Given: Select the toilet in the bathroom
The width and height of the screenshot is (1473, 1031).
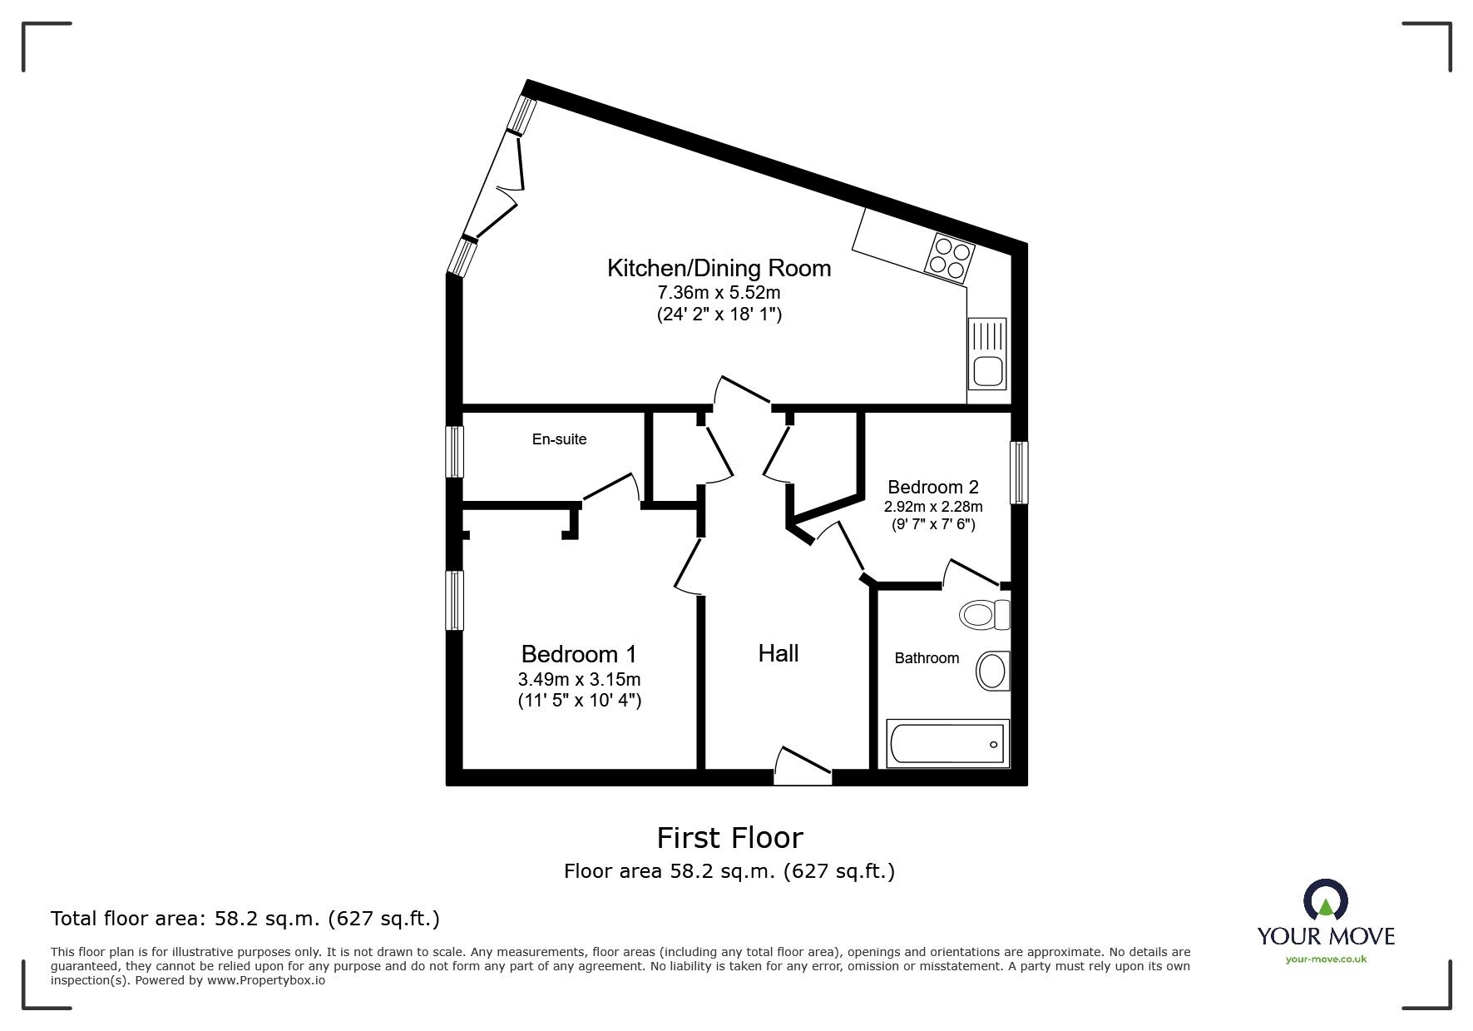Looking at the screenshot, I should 983,616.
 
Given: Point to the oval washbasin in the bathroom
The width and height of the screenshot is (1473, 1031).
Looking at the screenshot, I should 991,671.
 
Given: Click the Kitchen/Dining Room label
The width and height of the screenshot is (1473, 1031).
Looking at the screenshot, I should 719,268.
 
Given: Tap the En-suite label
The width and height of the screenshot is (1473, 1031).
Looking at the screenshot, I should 559,439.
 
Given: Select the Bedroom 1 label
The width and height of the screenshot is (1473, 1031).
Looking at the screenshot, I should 579,654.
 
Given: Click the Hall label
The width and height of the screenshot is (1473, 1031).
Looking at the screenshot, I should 778,653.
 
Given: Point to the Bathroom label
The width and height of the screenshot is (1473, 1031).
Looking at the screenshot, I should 927,658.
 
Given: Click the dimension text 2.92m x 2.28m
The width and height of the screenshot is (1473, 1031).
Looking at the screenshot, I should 932,507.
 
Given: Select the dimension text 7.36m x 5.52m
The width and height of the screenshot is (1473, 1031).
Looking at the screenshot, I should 719,293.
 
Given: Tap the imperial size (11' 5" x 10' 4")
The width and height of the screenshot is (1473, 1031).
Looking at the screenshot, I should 579,701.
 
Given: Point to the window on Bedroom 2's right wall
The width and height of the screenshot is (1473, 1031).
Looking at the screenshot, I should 1019,473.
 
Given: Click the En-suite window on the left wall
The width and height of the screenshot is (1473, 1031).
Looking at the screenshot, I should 454,452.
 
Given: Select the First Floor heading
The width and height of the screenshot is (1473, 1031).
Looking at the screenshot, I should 729,837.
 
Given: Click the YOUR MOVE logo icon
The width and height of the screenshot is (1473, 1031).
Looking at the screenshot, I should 1325,901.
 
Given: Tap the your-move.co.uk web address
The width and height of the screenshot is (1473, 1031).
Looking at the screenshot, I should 1326,959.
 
